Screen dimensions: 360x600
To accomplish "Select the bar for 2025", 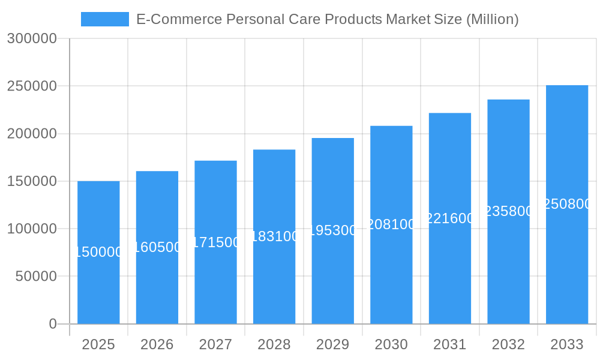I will pos(98,252).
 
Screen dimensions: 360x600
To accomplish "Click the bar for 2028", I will pos(274,236).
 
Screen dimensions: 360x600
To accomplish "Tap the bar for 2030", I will pos(391,224).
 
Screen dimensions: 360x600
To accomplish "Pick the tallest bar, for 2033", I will pos(567,204).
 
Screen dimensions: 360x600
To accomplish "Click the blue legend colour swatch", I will pos(105,19).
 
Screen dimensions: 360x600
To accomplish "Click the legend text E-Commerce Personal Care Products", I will pos(327,19).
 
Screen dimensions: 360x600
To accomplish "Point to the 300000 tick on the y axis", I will pos(32,39).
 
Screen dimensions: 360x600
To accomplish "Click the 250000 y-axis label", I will pos(32,86).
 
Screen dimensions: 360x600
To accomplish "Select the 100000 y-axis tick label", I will pos(32,229).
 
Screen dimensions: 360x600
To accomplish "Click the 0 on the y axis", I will pos(52,324).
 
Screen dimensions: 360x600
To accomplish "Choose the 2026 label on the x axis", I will pos(157,344).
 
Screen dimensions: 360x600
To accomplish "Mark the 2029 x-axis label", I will pos(332,344).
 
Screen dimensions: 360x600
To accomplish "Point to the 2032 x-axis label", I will pos(508,344).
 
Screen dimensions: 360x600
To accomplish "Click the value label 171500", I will pos(215,242).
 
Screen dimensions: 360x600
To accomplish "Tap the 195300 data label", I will pos(332,230).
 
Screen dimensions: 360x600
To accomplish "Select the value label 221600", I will pos(450,218).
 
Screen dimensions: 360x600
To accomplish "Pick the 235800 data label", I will pos(508,211).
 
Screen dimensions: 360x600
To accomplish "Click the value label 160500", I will pos(157,247).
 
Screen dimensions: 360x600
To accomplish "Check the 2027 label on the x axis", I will pos(215,344).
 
